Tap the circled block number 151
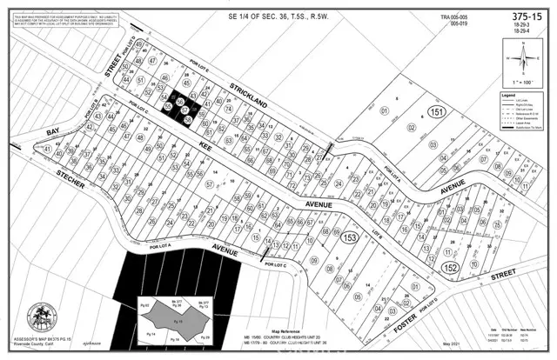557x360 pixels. tap(438, 115)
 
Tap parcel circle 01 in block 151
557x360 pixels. tap(384, 111)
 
